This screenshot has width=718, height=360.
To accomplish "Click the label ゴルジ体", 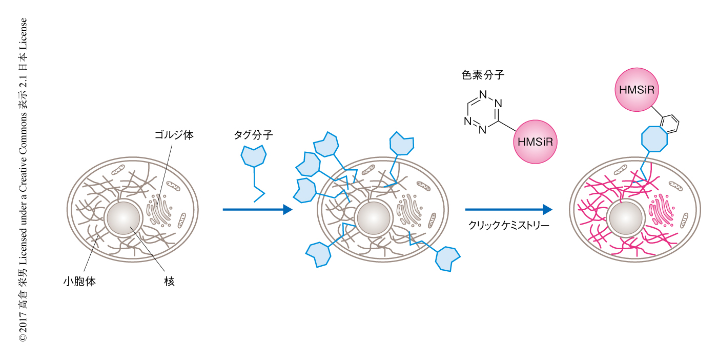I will (x=174, y=135).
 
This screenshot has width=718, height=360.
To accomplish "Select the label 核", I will (x=170, y=282).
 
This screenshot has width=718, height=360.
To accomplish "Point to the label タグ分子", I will (x=253, y=135).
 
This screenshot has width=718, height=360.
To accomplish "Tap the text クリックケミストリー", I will (x=509, y=225).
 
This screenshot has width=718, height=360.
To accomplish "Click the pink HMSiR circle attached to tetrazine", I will (x=535, y=142).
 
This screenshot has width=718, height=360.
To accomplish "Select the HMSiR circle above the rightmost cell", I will (x=637, y=90).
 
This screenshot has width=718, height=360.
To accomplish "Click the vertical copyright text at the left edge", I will (x=23, y=179).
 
